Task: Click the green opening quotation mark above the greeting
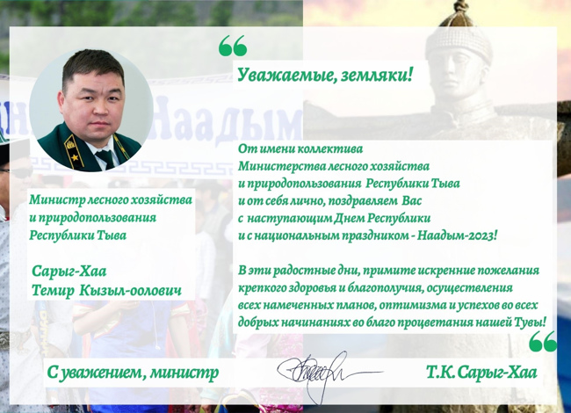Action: pyautogui.click(x=233, y=46)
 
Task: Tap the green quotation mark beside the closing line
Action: pyautogui.click(x=543, y=341)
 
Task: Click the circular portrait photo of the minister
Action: pyautogui.click(x=91, y=111)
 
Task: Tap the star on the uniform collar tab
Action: pyautogui.click(x=76, y=157)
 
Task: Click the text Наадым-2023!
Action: pyautogui.click(x=457, y=235)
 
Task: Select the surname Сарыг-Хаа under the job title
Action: pyautogui.click(x=69, y=272)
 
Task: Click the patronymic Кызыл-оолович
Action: pyautogui.click(x=130, y=290)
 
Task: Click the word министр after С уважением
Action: pyautogui.click(x=184, y=373)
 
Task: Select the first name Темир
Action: pyautogui.click(x=54, y=290)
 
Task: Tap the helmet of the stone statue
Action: pyautogui.click(x=458, y=36)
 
